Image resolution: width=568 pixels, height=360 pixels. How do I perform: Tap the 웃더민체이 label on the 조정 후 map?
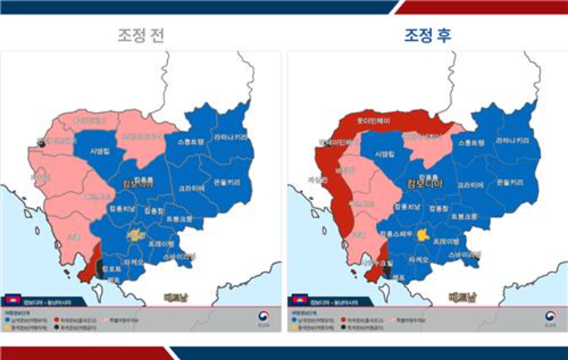(x=373, y=122)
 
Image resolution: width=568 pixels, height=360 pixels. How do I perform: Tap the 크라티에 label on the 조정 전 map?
(x=190, y=188)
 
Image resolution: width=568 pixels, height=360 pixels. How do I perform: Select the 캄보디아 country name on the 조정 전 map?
(x=138, y=185)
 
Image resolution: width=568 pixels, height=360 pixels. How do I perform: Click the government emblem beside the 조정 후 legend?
(x=550, y=318)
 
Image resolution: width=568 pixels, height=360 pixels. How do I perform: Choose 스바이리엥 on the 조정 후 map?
(x=466, y=254)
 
